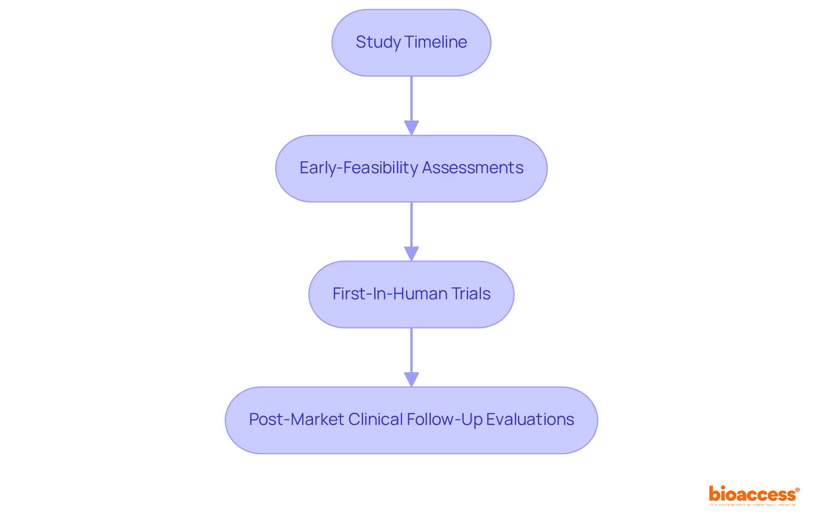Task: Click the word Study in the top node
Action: (x=378, y=42)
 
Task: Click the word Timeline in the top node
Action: (x=436, y=42)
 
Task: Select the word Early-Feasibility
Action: (x=358, y=168)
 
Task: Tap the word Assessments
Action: (x=473, y=168)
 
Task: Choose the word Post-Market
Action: (x=297, y=419)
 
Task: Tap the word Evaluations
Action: (x=530, y=419)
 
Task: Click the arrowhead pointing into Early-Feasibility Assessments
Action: (x=411, y=128)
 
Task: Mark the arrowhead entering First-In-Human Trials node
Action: (x=411, y=253)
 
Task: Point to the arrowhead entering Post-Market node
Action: (x=411, y=379)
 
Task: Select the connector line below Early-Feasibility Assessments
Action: (x=411, y=224)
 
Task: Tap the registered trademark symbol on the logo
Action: (x=797, y=490)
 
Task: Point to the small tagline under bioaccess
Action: (x=752, y=505)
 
